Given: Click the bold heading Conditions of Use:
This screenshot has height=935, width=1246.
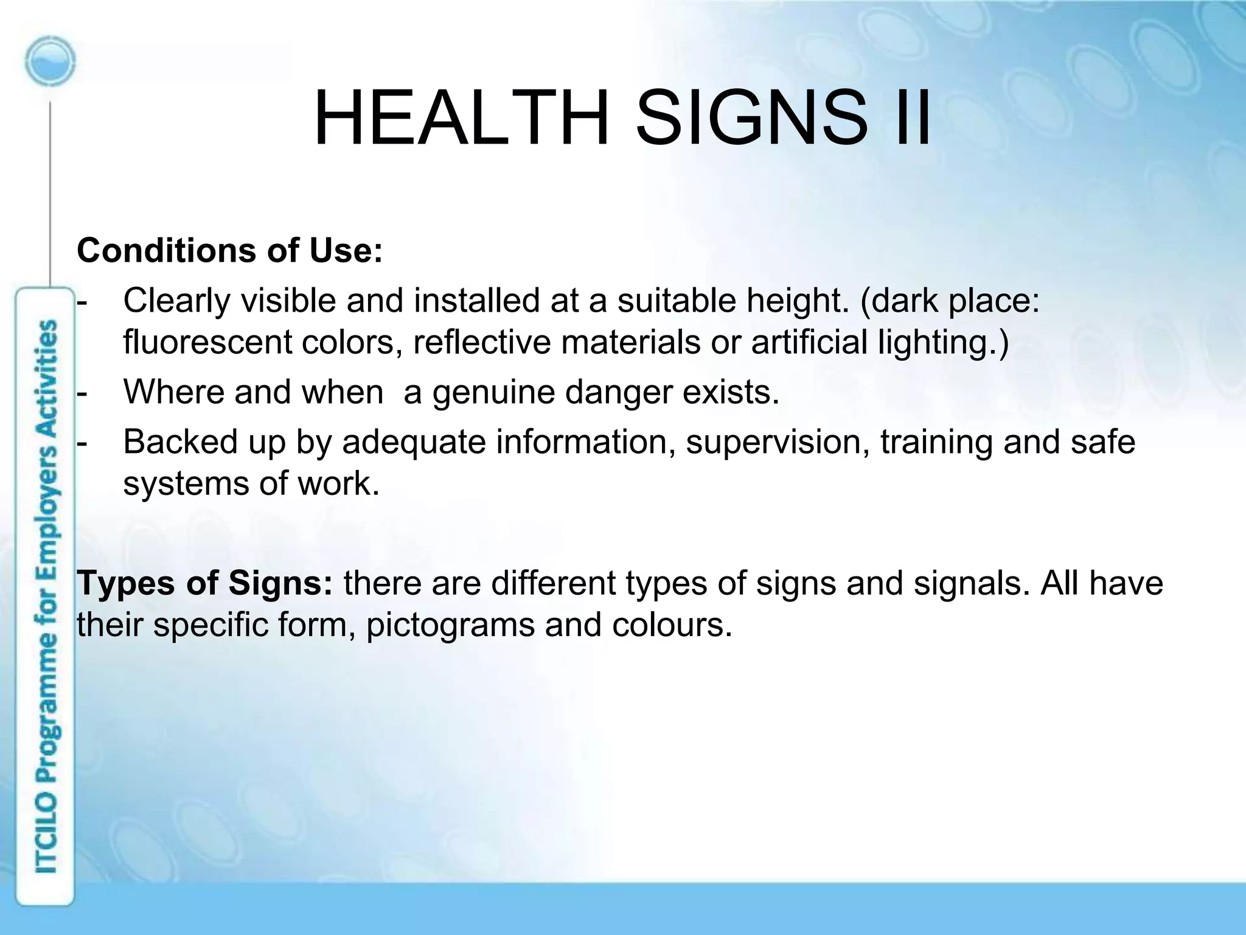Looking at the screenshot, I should pos(230,250).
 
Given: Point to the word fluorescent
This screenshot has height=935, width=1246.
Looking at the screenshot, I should pos(207,341).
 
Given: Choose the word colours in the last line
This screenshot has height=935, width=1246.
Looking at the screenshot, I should pos(672,625).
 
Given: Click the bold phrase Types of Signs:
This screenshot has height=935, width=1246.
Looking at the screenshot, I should pos(205,583).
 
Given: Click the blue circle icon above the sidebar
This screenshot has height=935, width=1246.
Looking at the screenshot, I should pos(50,62).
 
